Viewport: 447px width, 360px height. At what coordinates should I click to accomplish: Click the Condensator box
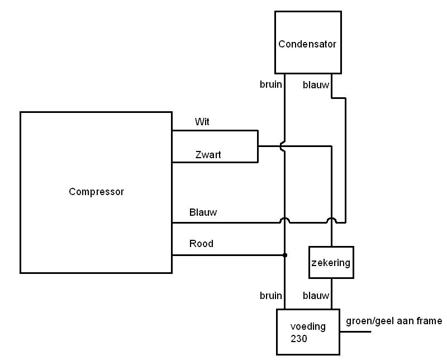pyautogui.click(x=308, y=42)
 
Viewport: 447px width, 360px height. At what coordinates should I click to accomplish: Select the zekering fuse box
pyautogui.click(x=331, y=262)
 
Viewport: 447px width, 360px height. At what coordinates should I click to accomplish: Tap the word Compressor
pyautogui.click(x=96, y=192)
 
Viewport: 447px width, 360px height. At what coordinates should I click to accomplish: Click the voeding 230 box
pyautogui.click(x=308, y=333)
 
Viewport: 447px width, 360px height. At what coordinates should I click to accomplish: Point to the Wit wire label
pyautogui.click(x=202, y=122)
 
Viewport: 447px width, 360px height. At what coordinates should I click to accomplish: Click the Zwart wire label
pyautogui.click(x=208, y=155)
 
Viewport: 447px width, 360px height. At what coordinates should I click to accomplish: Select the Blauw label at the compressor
pyautogui.click(x=203, y=212)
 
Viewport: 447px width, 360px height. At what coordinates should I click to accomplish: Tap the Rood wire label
pyautogui.click(x=201, y=244)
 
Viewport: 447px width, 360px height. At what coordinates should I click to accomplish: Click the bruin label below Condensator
pyautogui.click(x=271, y=85)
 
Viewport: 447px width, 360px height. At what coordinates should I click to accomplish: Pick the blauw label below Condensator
pyautogui.click(x=316, y=85)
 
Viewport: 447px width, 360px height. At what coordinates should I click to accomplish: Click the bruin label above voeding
pyautogui.click(x=271, y=296)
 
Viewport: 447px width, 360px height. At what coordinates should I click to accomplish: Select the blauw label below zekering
pyautogui.click(x=316, y=296)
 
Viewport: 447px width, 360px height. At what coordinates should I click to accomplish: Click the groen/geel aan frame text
pyautogui.click(x=394, y=321)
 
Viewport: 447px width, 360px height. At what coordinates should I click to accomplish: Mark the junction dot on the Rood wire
pyautogui.click(x=285, y=255)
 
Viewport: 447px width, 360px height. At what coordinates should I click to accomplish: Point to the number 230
pyautogui.click(x=299, y=339)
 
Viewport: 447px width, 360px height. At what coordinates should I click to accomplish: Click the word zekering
pyautogui.click(x=331, y=262)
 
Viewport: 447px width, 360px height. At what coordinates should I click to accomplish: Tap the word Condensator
pyautogui.click(x=308, y=44)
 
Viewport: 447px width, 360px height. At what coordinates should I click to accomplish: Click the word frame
pyautogui.click(x=429, y=321)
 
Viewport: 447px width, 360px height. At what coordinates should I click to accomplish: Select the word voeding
pyautogui.click(x=307, y=326)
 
